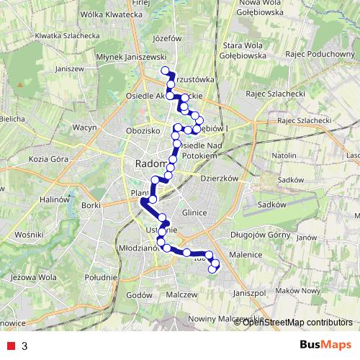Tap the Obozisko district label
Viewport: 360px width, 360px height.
click(141, 131)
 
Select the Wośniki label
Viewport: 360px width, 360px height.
click(30, 235)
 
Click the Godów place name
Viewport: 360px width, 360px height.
click(135, 294)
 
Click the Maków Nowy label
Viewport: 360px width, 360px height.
click(302, 290)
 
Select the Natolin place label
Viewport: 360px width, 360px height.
click(285, 155)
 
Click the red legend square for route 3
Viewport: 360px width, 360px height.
click(10, 346)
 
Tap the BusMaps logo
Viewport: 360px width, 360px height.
click(320, 345)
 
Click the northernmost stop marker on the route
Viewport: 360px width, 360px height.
click(166, 71)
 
